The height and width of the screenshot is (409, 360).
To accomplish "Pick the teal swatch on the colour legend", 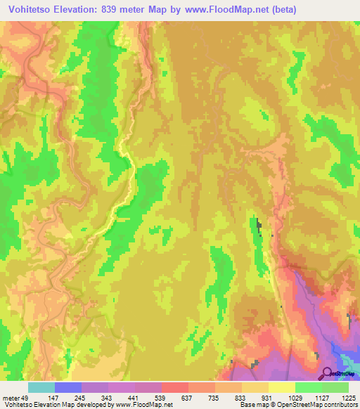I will [x=41, y=388].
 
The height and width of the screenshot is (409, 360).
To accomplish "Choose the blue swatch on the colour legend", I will [x=68, y=388].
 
